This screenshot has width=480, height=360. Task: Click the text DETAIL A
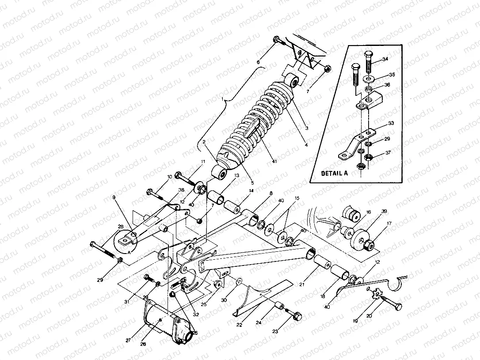[335, 173]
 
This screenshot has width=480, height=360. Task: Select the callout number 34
[385, 59]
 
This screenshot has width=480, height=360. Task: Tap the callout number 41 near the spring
[274, 162]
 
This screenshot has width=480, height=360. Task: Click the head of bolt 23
[297, 316]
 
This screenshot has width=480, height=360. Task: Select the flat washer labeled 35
[370, 78]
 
